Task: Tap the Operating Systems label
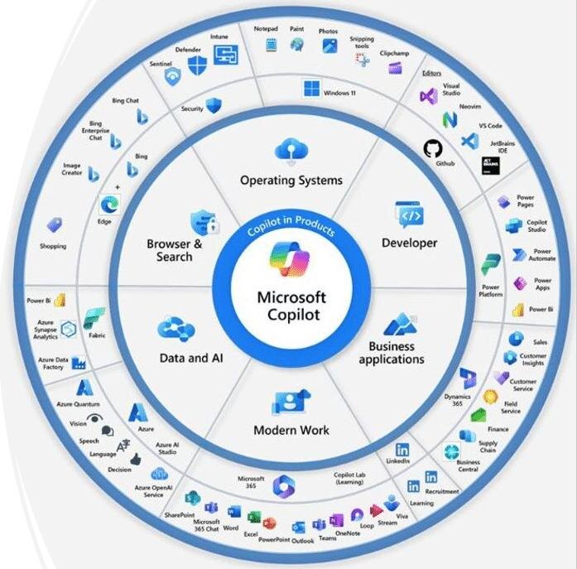(x=291, y=180)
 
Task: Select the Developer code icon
(x=410, y=215)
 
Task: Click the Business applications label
(x=392, y=353)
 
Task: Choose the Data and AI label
(x=191, y=359)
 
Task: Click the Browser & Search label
(x=174, y=250)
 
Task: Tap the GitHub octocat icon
(x=432, y=148)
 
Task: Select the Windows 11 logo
(x=311, y=88)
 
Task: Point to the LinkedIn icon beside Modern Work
(x=402, y=449)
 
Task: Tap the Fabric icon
(x=94, y=317)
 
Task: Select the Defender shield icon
(x=197, y=65)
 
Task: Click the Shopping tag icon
(x=55, y=224)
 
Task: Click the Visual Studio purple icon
(x=428, y=95)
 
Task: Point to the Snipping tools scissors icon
(x=362, y=60)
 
